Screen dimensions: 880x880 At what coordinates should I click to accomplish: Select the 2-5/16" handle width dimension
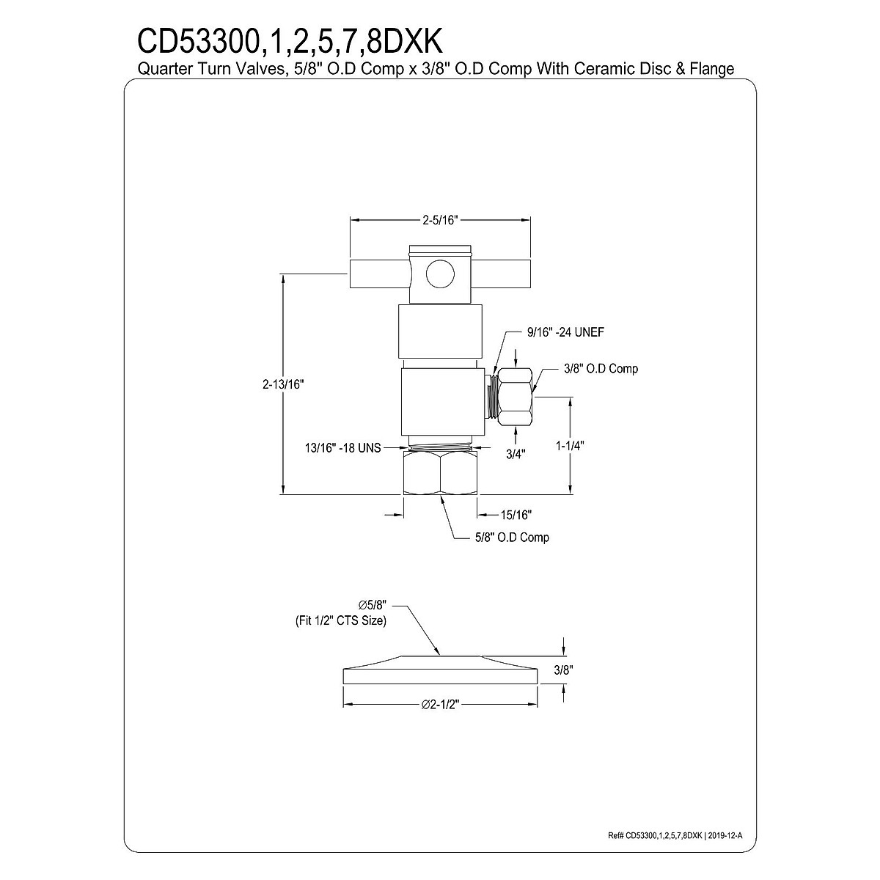pyautogui.click(x=440, y=219)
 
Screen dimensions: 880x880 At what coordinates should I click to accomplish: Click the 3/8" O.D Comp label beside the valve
pyautogui.click(x=601, y=368)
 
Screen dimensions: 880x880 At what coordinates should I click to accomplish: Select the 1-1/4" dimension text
pyautogui.click(x=569, y=445)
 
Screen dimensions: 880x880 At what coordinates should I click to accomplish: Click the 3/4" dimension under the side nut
pyautogui.click(x=516, y=453)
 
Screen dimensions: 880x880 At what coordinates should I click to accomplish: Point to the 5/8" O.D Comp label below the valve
pyautogui.click(x=511, y=538)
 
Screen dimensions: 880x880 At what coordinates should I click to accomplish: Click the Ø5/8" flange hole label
pyautogui.click(x=372, y=605)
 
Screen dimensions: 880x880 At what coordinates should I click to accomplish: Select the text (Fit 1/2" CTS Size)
pyautogui.click(x=336, y=620)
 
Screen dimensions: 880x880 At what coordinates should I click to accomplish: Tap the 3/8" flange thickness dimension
pyautogui.click(x=562, y=670)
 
